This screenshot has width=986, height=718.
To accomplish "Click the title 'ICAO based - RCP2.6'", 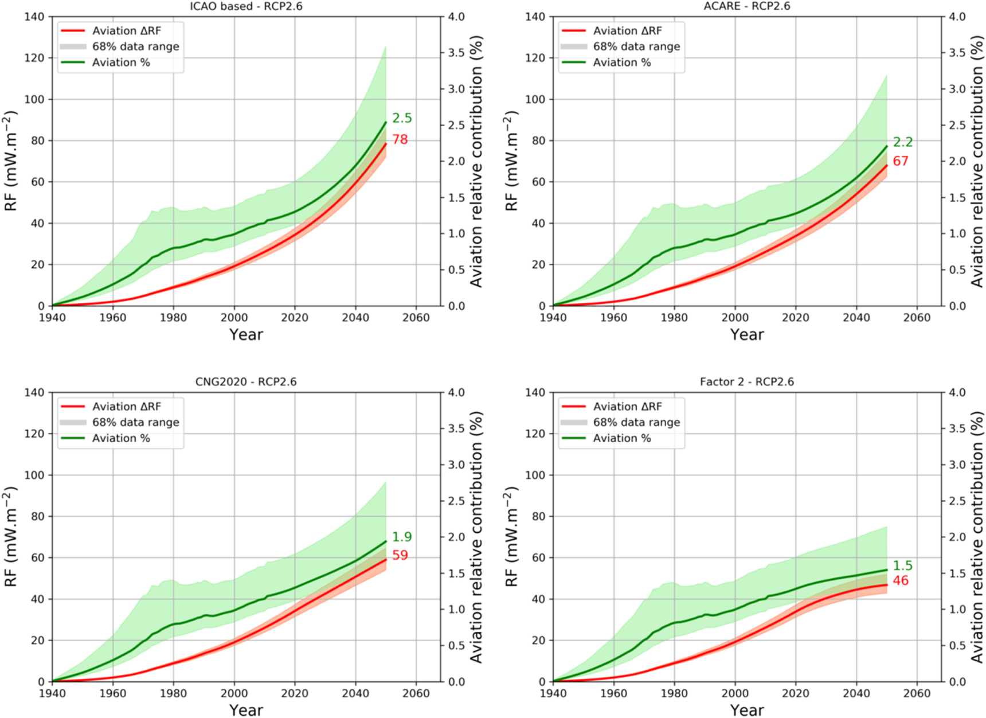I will coord(246,6).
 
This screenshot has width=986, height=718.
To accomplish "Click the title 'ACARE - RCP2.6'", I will coord(746,6).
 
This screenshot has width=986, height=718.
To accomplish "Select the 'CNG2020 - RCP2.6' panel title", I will coord(246,382).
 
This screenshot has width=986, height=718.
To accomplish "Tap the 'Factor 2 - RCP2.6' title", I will coord(746,382).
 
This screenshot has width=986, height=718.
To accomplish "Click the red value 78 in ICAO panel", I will coord(400,139).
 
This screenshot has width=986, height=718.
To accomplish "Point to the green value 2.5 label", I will coord(402,118).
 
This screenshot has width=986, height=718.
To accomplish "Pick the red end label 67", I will coord(901,161).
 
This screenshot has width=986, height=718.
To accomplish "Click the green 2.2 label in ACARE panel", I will coord(903,142).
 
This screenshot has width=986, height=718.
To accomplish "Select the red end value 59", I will coord(400,555).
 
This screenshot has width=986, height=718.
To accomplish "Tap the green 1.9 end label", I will coord(402,537).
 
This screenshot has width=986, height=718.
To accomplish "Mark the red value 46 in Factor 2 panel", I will coord(901,581).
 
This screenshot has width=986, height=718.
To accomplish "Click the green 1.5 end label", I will coord(903,565).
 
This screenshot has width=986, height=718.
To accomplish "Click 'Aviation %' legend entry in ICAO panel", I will coord(121,63).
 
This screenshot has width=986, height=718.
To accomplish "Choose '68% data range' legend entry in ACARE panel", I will coord(636,46).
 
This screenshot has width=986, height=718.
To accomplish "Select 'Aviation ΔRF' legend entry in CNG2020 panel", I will coord(127,407).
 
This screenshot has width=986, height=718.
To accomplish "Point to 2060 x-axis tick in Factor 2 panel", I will coord(917,693).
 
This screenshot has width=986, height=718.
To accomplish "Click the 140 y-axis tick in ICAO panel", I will coord(34,17).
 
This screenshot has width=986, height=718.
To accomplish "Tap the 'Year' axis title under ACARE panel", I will coord(746,334).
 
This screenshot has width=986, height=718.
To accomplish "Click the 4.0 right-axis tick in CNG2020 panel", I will coord(456,393).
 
